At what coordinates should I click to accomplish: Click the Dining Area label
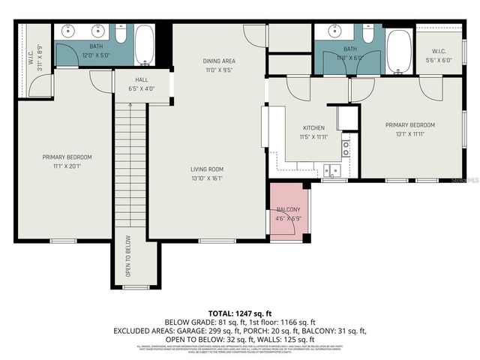tap(219, 61)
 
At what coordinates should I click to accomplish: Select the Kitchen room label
tap(313, 128)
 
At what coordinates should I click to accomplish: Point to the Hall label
tap(141, 79)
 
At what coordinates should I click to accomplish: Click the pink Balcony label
tap(289, 209)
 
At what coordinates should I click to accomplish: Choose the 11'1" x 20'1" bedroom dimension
tap(67, 166)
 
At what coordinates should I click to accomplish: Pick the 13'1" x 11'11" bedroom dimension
tap(410, 134)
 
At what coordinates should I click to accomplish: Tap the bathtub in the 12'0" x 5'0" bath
tap(145, 46)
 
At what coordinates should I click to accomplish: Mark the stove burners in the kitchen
tap(346, 147)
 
